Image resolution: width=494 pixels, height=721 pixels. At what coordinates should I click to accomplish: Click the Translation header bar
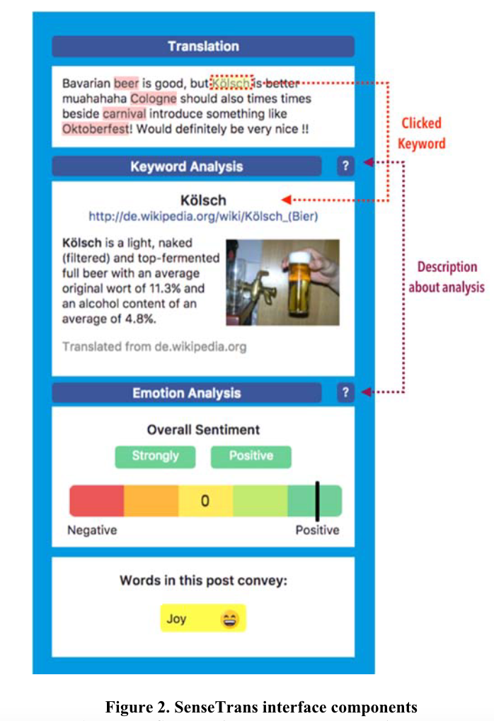click(x=203, y=47)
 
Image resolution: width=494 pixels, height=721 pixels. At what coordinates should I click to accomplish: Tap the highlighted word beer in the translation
click(x=126, y=82)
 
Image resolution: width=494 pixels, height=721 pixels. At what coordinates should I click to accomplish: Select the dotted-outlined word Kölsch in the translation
click(x=231, y=83)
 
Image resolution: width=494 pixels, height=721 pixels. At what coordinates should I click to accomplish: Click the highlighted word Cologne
click(x=153, y=98)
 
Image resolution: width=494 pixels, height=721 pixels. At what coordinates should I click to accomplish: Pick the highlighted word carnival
click(x=124, y=114)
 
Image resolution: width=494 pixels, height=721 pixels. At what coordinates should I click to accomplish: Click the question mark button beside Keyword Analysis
click(x=345, y=166)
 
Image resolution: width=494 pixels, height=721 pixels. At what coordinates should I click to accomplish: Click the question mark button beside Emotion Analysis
click(x=345, y=392)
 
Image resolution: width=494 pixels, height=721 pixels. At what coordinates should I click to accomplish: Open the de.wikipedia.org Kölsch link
click(x=202, y=216)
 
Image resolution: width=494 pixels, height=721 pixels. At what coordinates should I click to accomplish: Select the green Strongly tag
click(x=156, y=456)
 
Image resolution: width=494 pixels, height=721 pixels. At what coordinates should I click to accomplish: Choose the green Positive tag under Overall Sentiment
click(x=251, y=456)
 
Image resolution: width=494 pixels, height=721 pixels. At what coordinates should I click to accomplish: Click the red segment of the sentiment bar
click(x=96, y=501)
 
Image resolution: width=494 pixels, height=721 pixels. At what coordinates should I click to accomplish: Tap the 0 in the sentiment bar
click(x=205, y=501)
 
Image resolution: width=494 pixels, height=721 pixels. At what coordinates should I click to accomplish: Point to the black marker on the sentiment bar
click(x=317, y=500)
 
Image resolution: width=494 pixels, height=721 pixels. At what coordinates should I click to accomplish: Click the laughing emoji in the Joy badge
click(x=229, y=619)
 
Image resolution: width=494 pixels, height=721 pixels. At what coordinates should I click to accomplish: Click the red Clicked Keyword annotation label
click(x=421, y=133)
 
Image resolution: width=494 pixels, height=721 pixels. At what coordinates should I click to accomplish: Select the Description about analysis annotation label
click(x=447, y=277)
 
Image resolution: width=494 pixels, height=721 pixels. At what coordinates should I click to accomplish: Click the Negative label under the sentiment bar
click(x=92, y=530)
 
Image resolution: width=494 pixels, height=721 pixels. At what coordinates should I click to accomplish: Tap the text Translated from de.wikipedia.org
click(x=154, y=347)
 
